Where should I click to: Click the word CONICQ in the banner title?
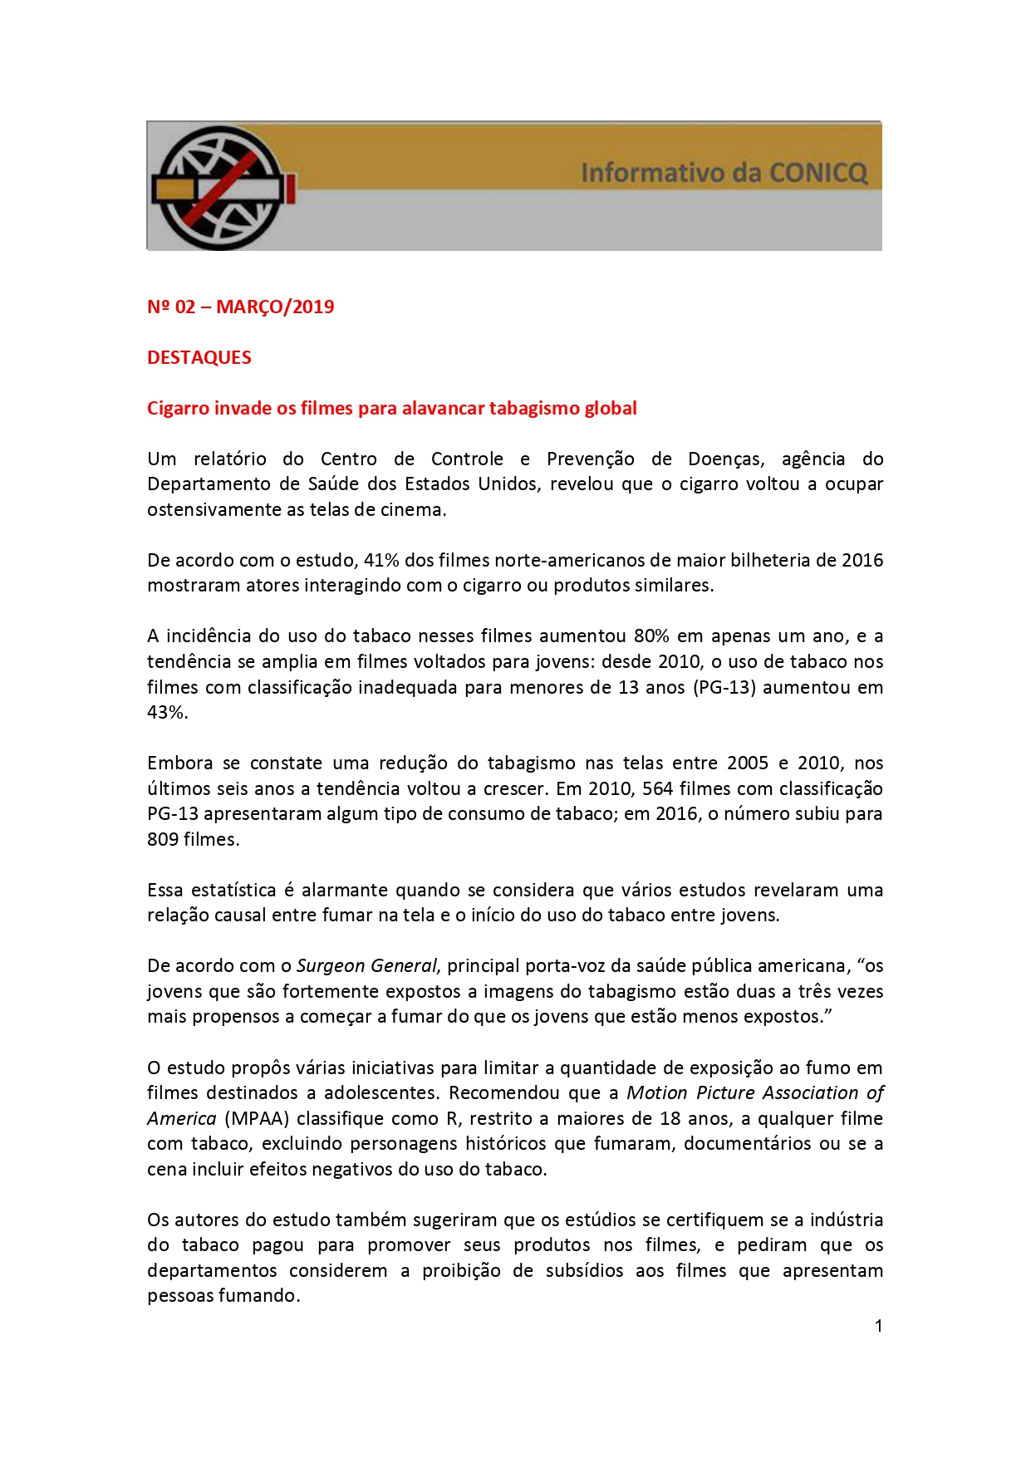click(x=817, y=173)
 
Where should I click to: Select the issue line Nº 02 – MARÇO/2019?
click(x=240, y=307)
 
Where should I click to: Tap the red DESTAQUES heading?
click(x=199, y=357)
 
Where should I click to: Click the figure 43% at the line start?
click(x=166, y=713)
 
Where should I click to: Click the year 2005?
click(x=748, y=763)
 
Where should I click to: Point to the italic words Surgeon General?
click(x=366, y=966)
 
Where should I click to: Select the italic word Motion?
click(x=656, y=1093)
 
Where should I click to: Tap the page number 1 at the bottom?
click(x=878, y=1326)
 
